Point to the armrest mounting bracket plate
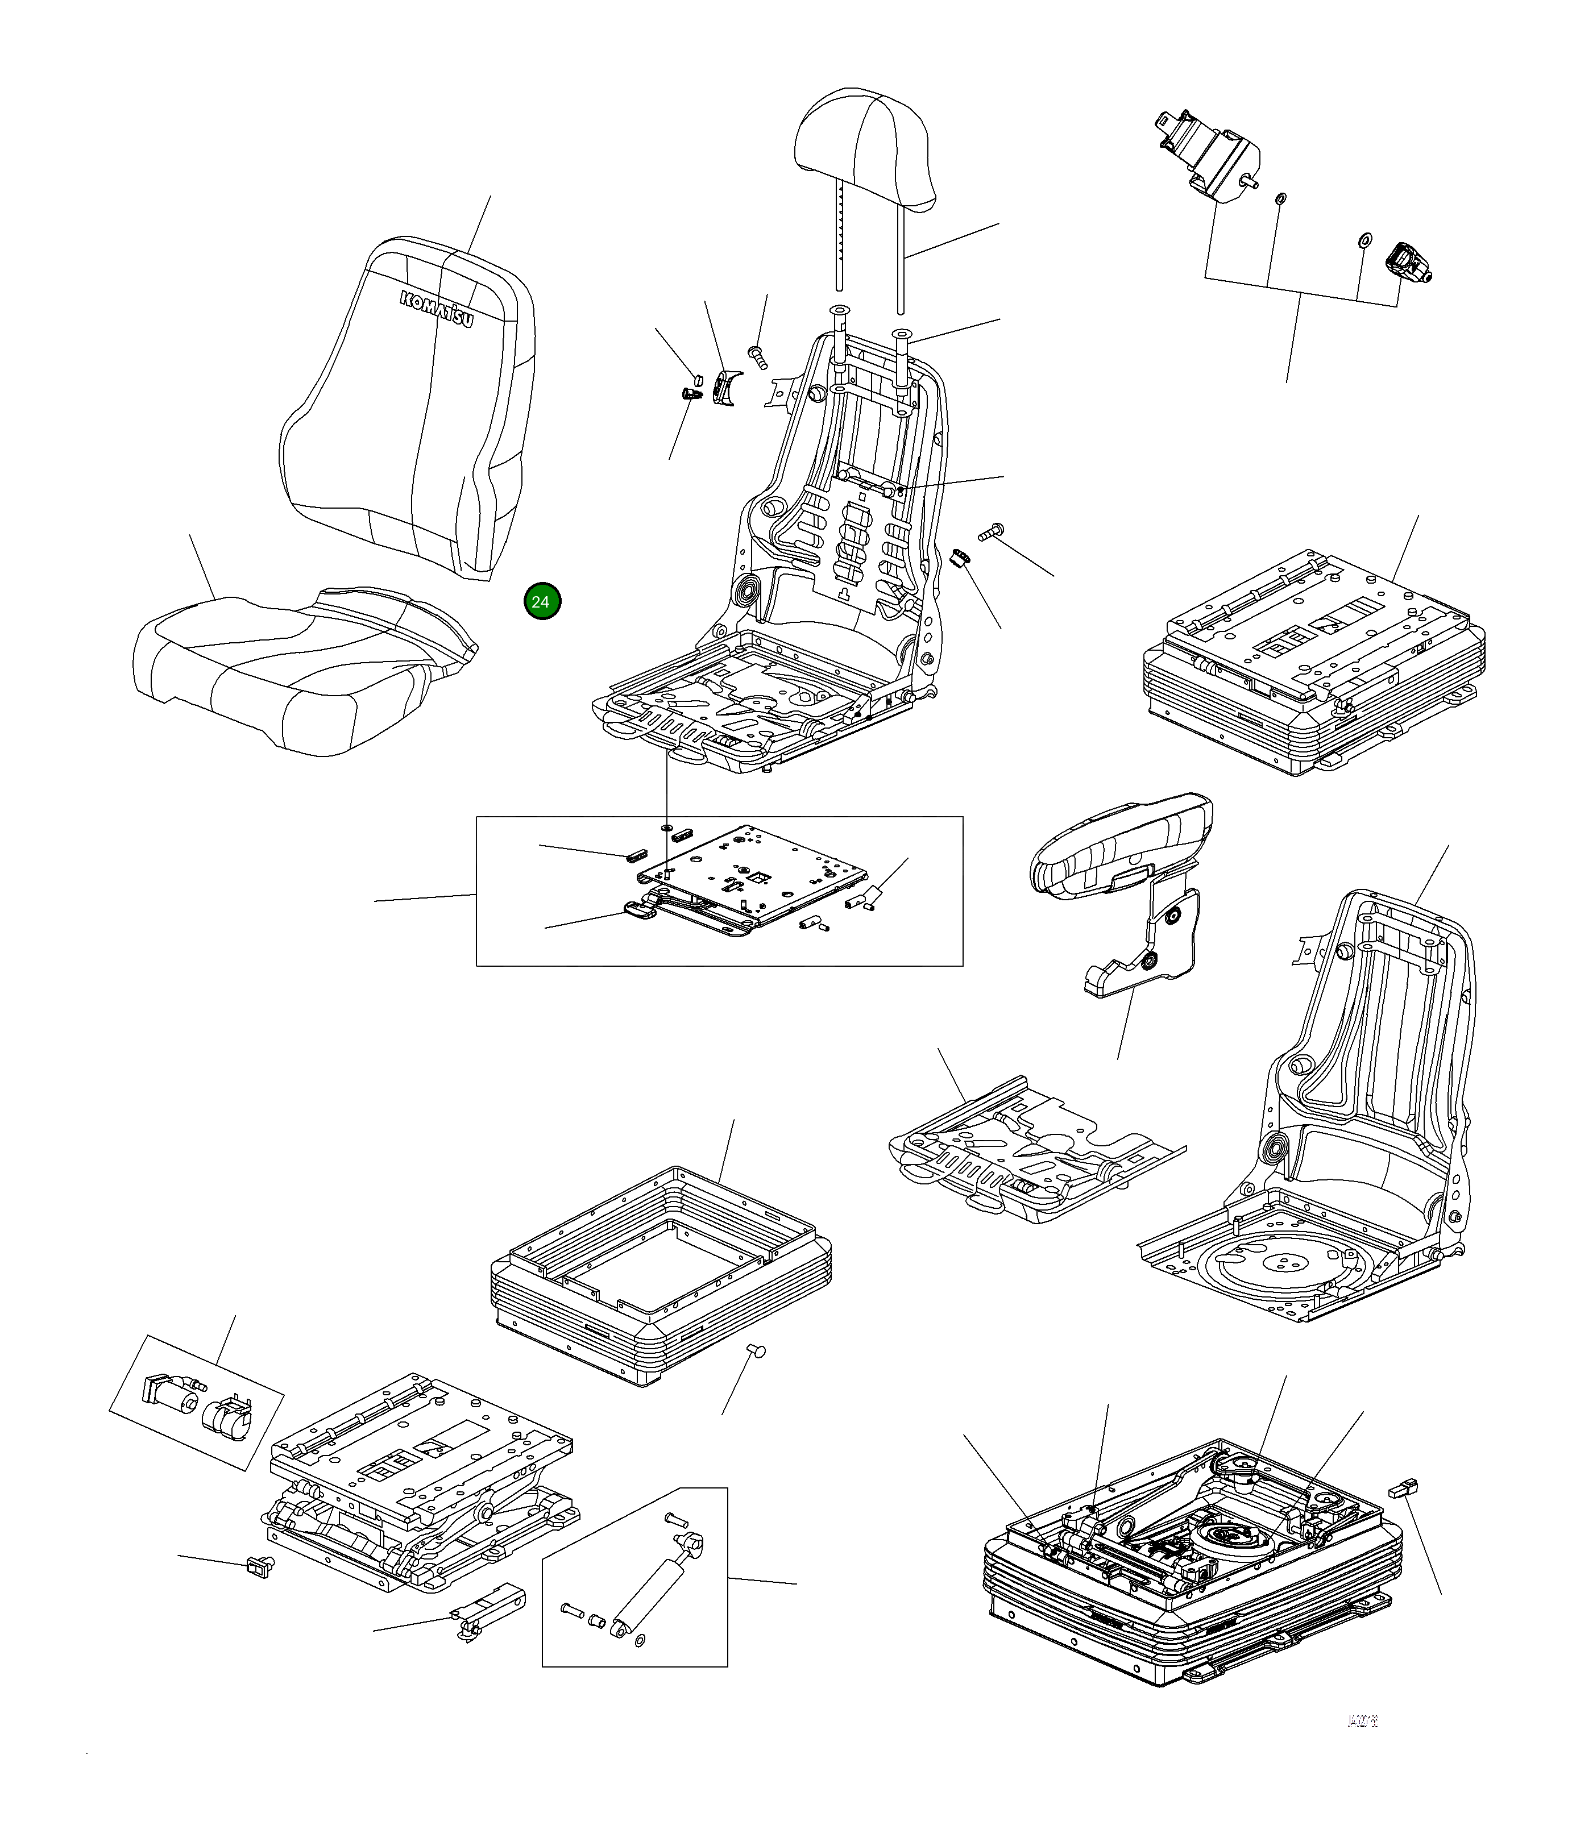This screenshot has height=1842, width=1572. (x=1156, y=942)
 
